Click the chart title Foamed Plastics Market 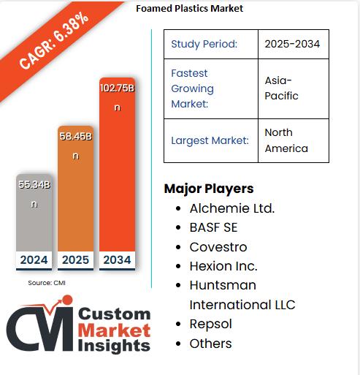[x=190, y=9]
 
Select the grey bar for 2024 [x=34, y=219]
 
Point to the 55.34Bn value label [x=34, y=194]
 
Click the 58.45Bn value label [x=76, y=145]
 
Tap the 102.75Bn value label [x=117, y=96]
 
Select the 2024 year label [x=34, y=260]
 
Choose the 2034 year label [x=117, y=260]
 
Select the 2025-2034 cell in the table [x=293, y=44]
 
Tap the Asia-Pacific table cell [x=282, y=88]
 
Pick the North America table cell [x=286, y=140]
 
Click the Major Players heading [x=209, y=189]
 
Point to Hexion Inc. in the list [x=223, y=265]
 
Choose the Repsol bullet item [x=210, y=323]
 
